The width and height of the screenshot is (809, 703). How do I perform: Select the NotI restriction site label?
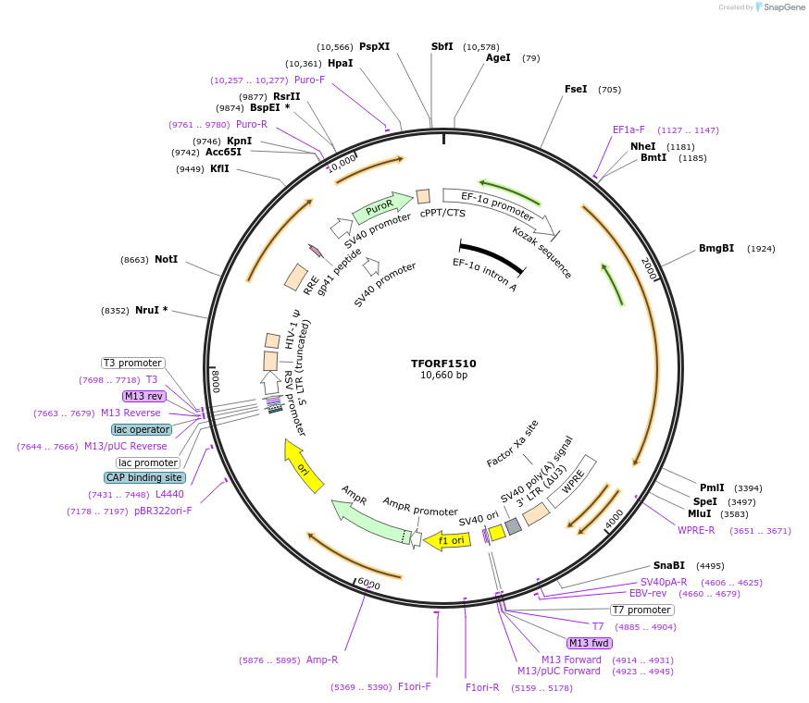pos(166,260)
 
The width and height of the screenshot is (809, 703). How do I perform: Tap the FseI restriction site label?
pos(576,90)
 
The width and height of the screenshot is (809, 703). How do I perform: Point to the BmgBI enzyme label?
pos(716,248)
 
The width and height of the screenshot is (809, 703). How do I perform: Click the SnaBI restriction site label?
pos(669,565)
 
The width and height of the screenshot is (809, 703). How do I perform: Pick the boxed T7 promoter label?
pos(642,610)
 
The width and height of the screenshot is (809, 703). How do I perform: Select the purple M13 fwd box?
pos(591,643)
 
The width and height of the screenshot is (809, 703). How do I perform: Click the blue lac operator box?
pos(141,429)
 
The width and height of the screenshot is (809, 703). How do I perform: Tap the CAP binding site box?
pos(144,477)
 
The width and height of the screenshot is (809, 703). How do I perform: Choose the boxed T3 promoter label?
pos(132,363)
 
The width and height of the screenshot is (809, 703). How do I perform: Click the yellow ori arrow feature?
pos(305,466)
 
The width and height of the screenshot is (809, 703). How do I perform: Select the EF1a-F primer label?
pos(629,129)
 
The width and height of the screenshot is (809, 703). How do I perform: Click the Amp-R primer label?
pos(322,660)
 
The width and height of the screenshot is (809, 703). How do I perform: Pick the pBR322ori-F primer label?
pos(163,511)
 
